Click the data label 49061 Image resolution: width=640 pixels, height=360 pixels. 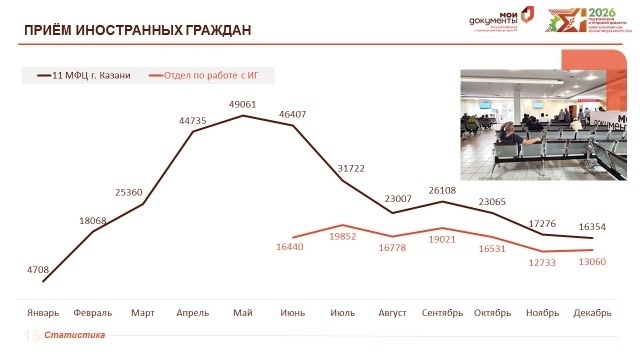click(242, 104)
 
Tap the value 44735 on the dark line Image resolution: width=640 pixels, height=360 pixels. click(193, 120)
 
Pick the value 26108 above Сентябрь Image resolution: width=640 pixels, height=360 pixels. click(442, 190)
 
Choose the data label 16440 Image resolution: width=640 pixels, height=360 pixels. click(292, 244)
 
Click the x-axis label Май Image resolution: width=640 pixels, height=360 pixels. click(242, 313)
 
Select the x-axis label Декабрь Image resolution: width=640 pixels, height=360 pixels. click(592, 313)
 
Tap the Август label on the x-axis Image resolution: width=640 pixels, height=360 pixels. click(392, 313)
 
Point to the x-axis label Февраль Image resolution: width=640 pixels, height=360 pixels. click(93, 313)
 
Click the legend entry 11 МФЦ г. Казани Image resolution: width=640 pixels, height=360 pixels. click(84, 75)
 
